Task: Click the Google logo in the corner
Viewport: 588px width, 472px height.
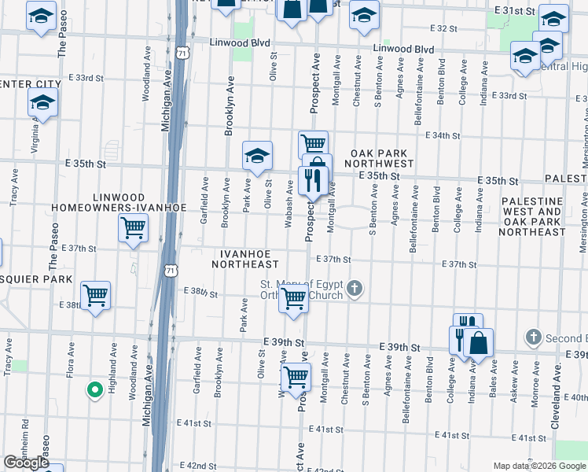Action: click(26, 463)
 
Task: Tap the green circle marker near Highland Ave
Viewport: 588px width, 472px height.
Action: click(94, 389)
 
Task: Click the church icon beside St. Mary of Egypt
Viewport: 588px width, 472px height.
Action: click(355, 289)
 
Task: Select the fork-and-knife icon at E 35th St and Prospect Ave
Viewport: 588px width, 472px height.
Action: click(313, 181)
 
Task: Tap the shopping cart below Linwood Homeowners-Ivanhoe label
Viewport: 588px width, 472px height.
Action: click(133, 228)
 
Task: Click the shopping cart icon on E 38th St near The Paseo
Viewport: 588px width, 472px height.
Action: click(96, 296)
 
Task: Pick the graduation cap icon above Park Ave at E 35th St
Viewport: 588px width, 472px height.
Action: click(257, 155)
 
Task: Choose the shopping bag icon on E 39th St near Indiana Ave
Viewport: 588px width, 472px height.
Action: click(477, 343)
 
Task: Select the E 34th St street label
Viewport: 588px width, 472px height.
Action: click(442, 135)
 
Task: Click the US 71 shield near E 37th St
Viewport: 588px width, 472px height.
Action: click(171, 271)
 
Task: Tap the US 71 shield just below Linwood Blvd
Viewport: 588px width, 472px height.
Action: click(183, 53)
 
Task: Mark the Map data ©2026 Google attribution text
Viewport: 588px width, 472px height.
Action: click(539, 466)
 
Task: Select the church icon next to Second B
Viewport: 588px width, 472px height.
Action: click(533, 337)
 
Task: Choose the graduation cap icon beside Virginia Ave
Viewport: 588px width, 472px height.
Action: click(42, 102)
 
